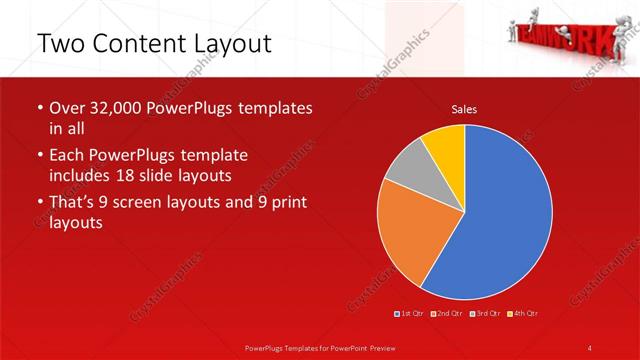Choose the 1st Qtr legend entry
pos(411,314)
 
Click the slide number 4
pos(590,347)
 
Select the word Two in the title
pos(59,45)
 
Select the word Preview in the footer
pos(379,347)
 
